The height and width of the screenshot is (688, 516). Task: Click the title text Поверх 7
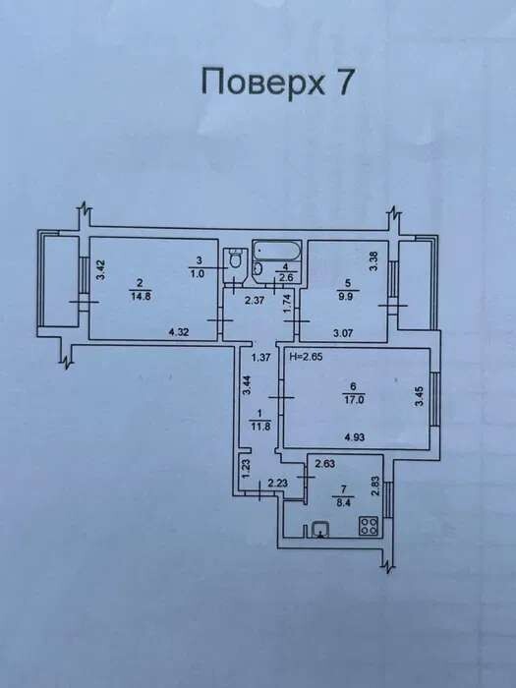point(277,82)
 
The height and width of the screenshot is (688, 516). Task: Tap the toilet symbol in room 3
point(235,258)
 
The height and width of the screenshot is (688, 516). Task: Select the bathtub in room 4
point(276,251)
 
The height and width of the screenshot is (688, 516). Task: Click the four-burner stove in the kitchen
point(369,526)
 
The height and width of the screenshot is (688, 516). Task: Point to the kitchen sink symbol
point(320,529)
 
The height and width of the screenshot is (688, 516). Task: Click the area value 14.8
point(138,295)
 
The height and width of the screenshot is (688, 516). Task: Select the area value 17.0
point(354,399)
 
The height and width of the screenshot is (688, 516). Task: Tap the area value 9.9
point(349,295)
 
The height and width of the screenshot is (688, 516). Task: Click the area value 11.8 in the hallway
point(259,426)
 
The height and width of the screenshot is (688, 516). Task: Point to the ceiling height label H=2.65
point(307,357)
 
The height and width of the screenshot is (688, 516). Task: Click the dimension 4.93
point(355,437)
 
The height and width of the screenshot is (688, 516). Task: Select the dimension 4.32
point(179,332)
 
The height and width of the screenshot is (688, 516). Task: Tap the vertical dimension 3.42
point(101,270)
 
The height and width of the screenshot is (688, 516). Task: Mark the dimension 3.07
point(343,333)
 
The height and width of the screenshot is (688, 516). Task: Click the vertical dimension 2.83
point(375,487)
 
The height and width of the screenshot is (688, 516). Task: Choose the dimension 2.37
point(256,301)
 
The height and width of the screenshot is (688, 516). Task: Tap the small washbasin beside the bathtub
point(258,268)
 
